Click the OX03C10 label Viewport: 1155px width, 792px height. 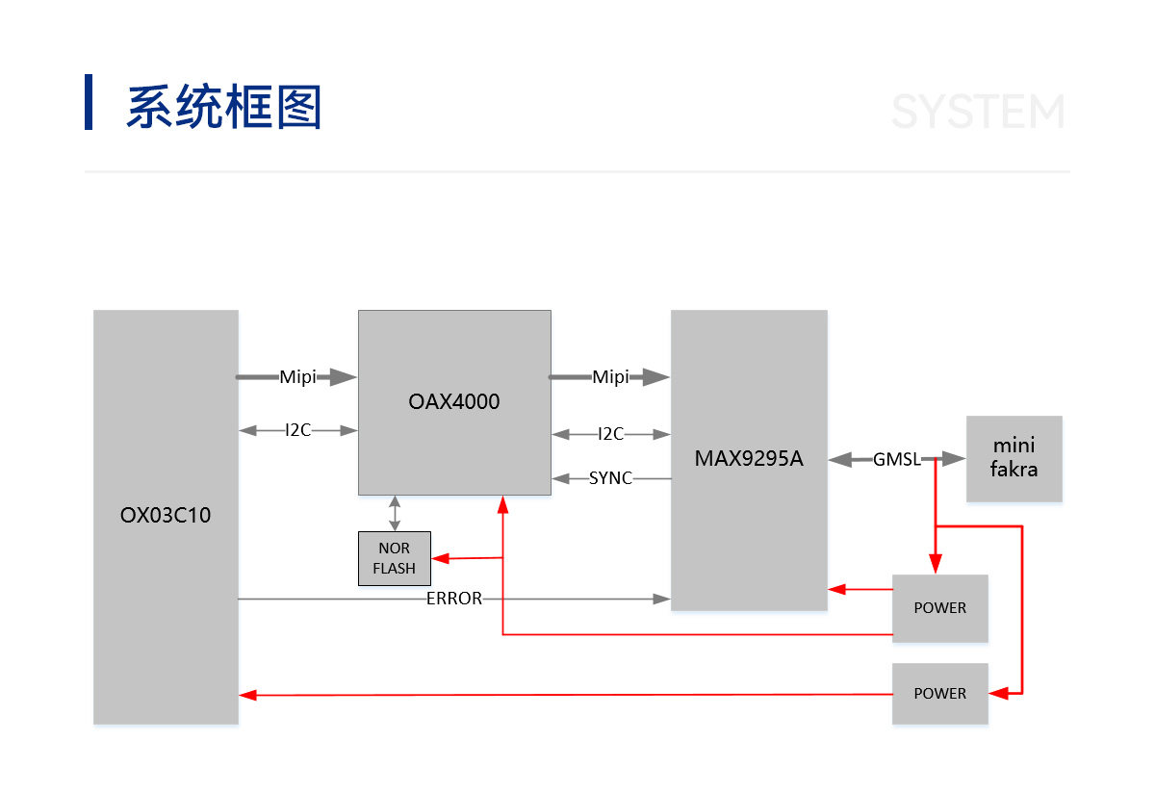tap(166, 515)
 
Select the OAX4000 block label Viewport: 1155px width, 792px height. tap(454, 401)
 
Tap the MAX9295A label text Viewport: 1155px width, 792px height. tap(749, 458)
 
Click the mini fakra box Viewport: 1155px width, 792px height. tap(1014, 458)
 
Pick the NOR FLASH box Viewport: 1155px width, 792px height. tap(395, 558)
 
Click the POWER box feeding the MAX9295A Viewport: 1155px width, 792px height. tap(940, 608)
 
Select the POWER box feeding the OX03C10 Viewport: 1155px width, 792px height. tap(940, 694)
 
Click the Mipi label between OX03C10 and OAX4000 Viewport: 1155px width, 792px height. tap(297, 377)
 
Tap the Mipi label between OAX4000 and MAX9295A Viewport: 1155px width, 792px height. tap(610, 377)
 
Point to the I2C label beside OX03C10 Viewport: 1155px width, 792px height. tap(298, 430)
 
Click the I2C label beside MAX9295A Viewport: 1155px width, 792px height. tap(610, 434)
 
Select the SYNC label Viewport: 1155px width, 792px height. tap(610, 478)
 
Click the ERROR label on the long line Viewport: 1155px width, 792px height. tap(454, 599)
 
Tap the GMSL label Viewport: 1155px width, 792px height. tap(897, 459)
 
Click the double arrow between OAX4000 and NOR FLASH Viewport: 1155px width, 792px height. tap(395, 514)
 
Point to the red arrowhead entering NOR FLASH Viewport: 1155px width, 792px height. tap(441, 558)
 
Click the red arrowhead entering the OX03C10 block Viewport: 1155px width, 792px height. tap(248, 695)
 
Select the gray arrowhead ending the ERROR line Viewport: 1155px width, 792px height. tap(661, 600)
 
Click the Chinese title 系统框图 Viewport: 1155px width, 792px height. tap(224, 106)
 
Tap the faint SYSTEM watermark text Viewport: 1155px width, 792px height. tap(978, 111)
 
